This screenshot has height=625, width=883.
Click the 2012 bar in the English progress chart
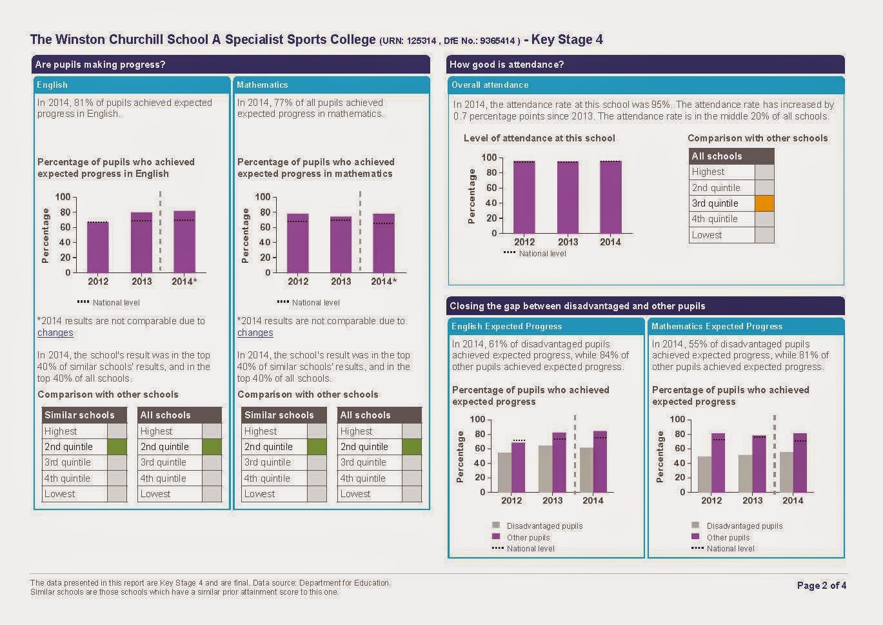click(98, 247)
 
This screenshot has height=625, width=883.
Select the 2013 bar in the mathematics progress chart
click(341, 245)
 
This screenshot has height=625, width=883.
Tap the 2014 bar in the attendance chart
click(610, 198)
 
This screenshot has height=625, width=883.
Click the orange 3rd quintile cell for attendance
click(764, 203)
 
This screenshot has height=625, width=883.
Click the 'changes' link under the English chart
click(55, 333)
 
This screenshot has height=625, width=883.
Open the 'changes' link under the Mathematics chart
click(255, 333)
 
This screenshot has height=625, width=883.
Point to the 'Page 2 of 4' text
click(821, 586)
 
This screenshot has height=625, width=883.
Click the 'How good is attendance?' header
click(506, 65)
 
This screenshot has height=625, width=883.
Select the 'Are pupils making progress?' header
click(100, 65)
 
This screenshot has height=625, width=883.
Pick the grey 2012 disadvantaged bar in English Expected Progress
click(504, 473)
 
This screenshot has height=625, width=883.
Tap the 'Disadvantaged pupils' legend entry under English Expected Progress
click(544, 526)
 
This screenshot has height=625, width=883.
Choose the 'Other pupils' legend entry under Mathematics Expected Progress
click(728, 537)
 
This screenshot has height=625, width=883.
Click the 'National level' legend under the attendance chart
click(542, 254)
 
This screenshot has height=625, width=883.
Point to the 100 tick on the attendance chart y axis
click(489, 158)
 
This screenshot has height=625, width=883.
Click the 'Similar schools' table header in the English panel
click(79, 415)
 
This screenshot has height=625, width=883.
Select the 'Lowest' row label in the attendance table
click(707, 235)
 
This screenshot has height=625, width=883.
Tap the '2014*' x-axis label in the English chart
click(184, 281)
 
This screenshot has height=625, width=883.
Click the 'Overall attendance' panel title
click(490, 85)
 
